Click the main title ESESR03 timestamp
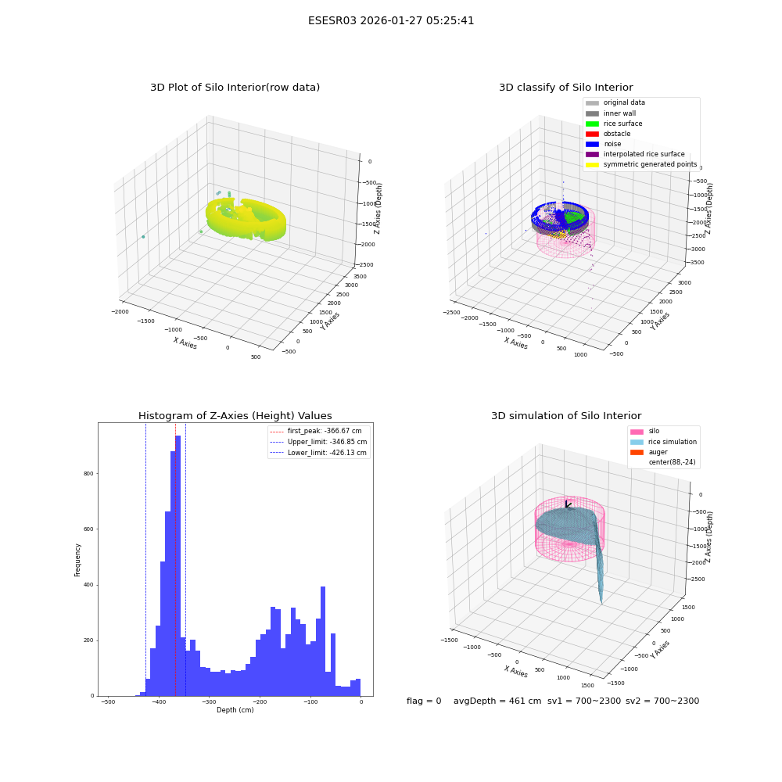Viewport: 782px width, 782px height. (x=391, y=20)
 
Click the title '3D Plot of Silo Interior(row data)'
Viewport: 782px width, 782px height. (x=235, y=88)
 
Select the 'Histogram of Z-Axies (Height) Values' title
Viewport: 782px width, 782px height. (x=235, y=415)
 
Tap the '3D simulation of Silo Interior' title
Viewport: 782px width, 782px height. (x=566, y=415)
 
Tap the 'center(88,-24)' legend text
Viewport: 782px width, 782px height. (x=672, y=462)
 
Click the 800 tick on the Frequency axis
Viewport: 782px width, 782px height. (x=88, y=473)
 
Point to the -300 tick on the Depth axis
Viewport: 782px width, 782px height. (x=209, y=701)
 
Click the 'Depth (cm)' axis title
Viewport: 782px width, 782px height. (x=235, y=710)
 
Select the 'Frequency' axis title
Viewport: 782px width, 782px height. (x=77, y=560)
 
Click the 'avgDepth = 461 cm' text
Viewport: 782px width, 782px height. (x=497, y=701)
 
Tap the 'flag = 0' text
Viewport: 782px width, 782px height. (x=424, y=701)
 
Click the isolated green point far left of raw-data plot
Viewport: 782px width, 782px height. (x=143, y=237)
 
